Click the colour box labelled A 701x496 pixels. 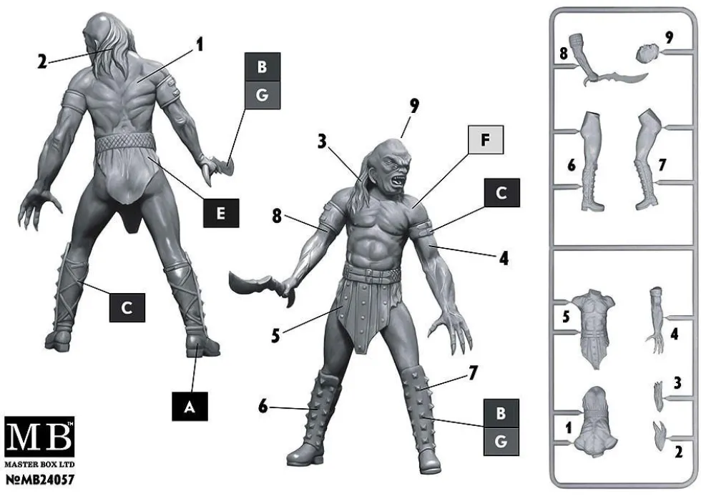[x=190, y=406]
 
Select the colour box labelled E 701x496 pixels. [x=221, y=213]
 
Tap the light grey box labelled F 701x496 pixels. [x=486, y=140]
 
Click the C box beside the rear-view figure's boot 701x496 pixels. [x=127, y=307]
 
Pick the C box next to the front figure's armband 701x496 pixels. [x=501, y=192]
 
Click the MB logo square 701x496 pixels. [x=39, y=437]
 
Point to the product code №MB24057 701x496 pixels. [x=39, y=480]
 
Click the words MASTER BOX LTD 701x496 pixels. [x=39, y=465]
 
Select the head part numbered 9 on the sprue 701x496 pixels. [x=648, y=53]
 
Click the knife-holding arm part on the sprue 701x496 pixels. [x=606, y=64]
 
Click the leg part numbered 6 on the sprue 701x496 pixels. [x=592, y=161]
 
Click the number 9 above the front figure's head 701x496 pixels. [x=414, y=106]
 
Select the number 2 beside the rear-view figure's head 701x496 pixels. [x=42, y=61]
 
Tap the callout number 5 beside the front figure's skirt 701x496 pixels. [x=275, y=335]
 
